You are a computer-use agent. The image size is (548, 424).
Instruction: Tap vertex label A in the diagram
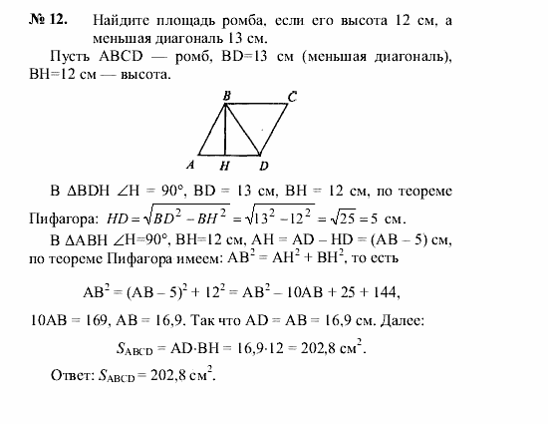click(x=189, y=164)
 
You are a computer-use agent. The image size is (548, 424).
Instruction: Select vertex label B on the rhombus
click(x=227, y=96)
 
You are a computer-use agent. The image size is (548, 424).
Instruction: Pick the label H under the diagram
click(x=225, y=166)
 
